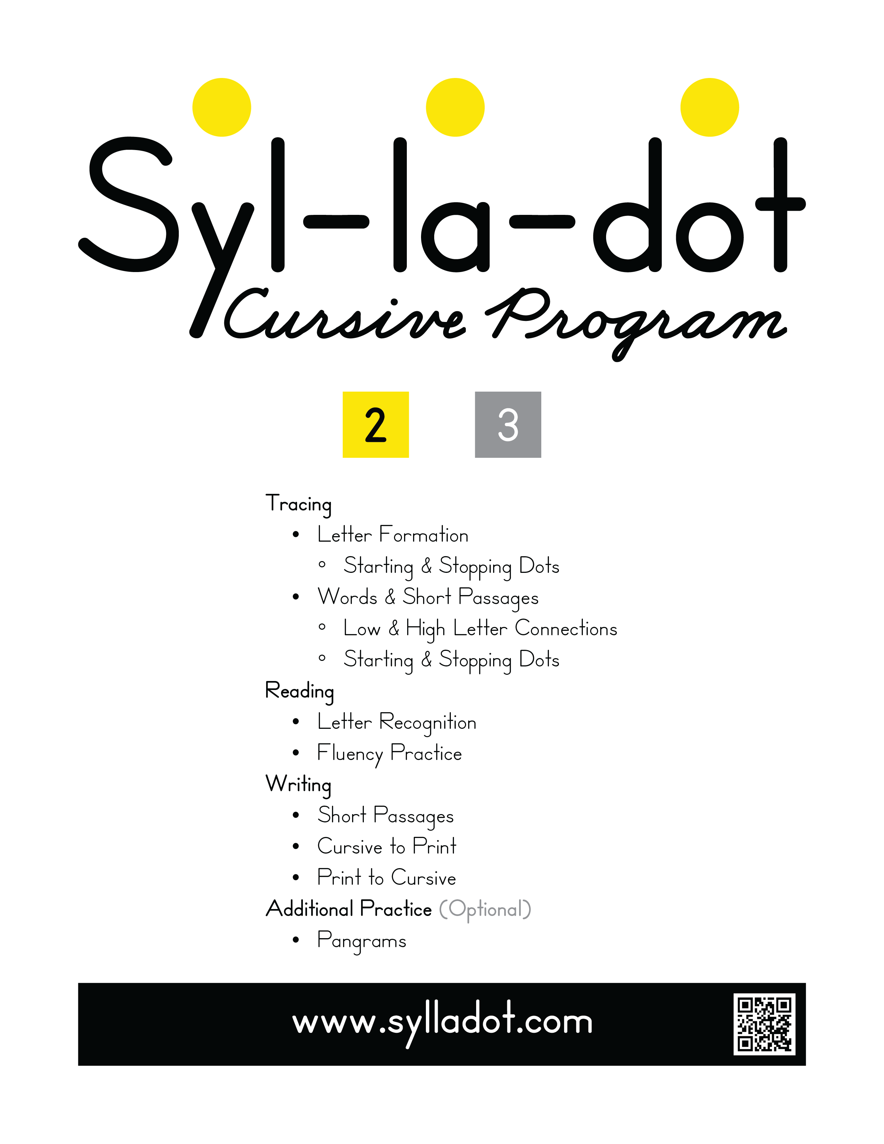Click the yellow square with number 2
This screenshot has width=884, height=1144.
[376, 425]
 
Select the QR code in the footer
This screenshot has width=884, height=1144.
[764, 1024]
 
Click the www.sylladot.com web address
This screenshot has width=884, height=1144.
[442, 1022]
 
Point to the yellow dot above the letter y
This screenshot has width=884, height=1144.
[221, 107]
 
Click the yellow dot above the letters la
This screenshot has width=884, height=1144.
[455, 107]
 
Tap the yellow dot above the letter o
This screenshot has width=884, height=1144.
[710, 107]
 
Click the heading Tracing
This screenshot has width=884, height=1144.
[298, 504]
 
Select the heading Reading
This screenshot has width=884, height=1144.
[299, 691]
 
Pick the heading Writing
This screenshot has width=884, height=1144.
[298, 785]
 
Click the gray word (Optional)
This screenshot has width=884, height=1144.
[485, 909]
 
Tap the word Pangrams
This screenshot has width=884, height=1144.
[361, 941]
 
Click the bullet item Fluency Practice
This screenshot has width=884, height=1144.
[389, 754]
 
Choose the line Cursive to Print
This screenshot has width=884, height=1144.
[386, 847]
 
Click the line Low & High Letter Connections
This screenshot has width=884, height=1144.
[480, 629]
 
